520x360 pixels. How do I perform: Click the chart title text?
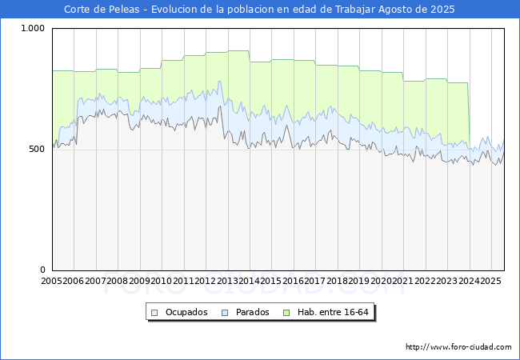click(x=259, y=10)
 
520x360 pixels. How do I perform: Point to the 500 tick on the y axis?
click(x=38, y=150)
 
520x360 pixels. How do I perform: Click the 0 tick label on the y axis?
click(x=43, y=270)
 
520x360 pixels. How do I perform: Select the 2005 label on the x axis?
click(x=52, y=282)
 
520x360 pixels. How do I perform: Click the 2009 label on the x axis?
click(x=139, y=282)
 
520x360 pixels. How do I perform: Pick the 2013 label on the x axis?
click(x=227, y=282)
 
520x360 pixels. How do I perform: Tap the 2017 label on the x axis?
click(x=315, y=282)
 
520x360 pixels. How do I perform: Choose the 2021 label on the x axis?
click(x=402, y=282)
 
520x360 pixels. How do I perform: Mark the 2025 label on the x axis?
click(x=490, y=282)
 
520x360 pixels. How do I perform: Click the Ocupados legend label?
click(x=186, y=312)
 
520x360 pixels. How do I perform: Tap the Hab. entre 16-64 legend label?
click(x=335, y=312)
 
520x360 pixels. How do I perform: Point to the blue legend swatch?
click(x=226, y=312)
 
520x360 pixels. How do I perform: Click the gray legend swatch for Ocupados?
click(x=155, y=312)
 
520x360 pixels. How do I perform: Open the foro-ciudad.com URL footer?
click(x=458, y=347)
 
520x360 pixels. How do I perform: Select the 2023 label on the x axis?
click(x=446, y=282)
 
